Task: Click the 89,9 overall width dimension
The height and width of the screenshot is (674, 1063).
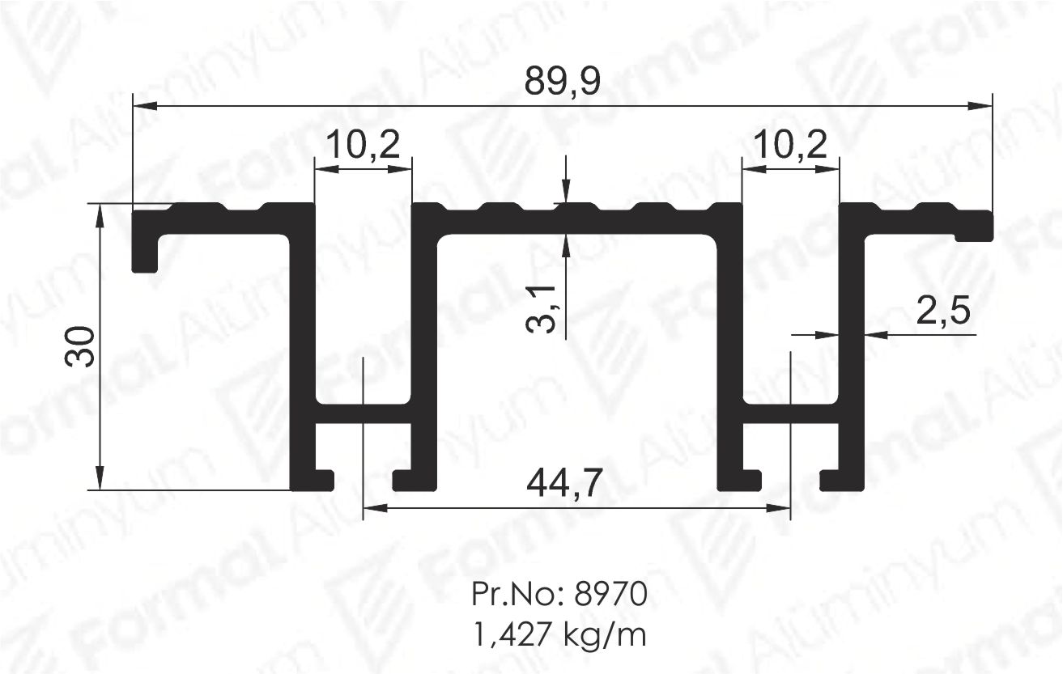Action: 563,82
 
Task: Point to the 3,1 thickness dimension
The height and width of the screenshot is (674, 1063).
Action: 542,309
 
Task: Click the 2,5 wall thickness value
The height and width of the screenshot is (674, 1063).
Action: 943,312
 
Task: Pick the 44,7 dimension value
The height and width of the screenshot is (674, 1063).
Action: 564,483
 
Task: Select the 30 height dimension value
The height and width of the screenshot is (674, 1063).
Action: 79,346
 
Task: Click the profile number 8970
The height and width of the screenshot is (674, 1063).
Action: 611,594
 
